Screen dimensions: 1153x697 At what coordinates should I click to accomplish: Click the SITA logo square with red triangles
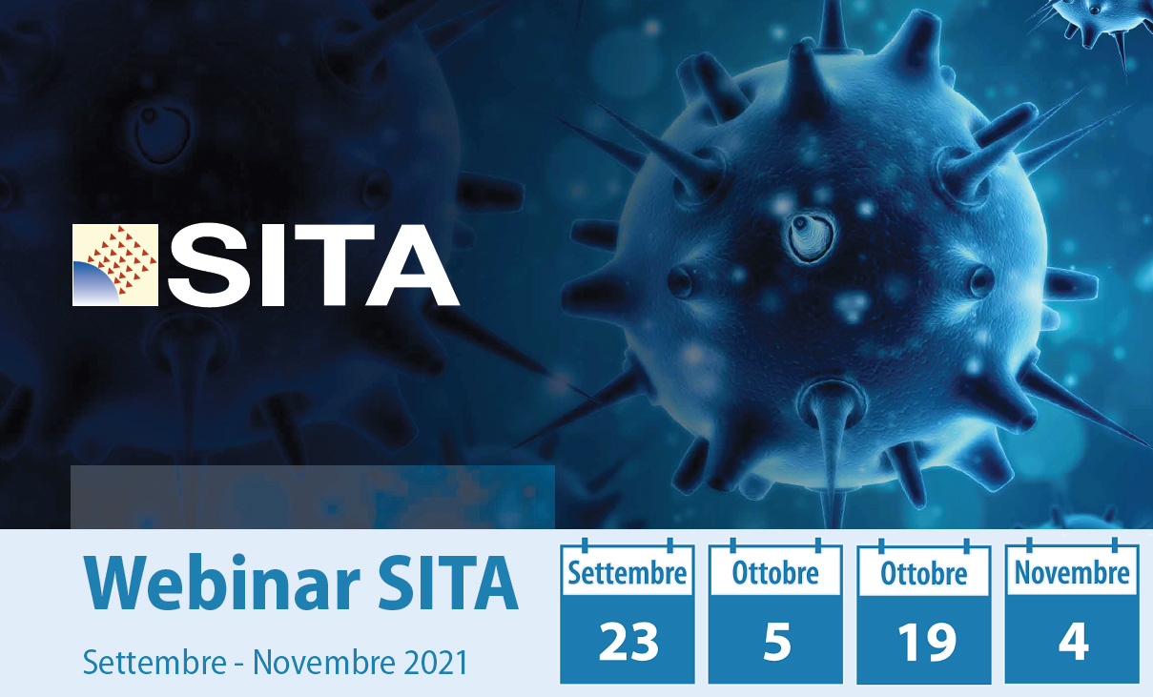(x=115, y=264)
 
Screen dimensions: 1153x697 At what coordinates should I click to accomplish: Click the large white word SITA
(x=313, y=265)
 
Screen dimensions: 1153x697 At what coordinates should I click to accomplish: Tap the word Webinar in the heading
(x=221, y=584)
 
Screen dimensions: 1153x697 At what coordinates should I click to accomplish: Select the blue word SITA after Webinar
(x=448, y=584)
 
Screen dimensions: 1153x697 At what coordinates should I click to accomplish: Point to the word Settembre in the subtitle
(x=154, y=662)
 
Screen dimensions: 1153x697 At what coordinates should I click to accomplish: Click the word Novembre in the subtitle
(x=323, y=662)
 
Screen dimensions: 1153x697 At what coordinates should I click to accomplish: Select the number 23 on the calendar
(x=628, y=642)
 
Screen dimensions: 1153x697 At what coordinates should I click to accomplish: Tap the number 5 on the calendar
(x=776, y=642)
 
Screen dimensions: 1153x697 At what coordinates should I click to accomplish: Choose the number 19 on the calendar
(x=927, y=642)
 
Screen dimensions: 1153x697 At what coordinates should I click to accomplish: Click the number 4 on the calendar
(x=1073, y=642)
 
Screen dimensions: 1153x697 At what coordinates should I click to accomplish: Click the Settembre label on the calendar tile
(x=627, y=573)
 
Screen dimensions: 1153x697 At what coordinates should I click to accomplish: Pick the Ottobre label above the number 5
(x=775, y=573)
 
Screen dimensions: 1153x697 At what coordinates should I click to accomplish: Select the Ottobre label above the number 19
(x=923, y=573)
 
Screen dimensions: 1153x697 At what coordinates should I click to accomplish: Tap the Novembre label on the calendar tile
(x=1072, y=573)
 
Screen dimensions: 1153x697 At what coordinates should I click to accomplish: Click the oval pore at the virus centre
(x=811, y=237)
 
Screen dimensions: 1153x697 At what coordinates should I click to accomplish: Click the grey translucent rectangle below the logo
(x=313, y=497)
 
